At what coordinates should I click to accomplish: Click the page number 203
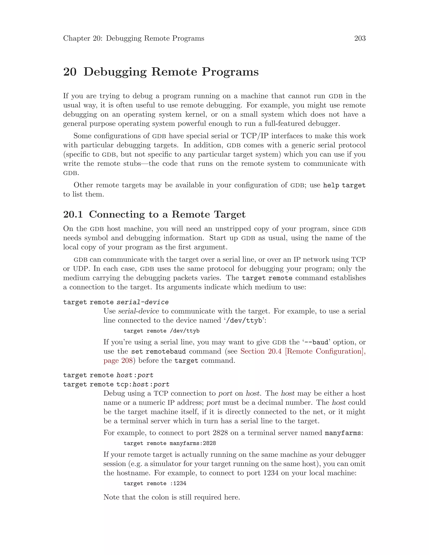(360, 38)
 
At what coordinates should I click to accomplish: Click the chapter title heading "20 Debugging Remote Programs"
(161, 72)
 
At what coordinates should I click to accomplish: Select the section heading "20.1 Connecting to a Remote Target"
(154, 214)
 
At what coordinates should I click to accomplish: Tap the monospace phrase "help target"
(344, 185)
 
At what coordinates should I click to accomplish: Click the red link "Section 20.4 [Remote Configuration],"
(303, 351)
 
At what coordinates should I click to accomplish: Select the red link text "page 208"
(118, 361)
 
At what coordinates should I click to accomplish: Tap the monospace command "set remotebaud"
(158, 351)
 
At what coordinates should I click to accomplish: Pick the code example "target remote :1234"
(155, 483)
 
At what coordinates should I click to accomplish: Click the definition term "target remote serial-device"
(116, 302)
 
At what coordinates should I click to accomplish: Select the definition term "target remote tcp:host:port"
(116, 384)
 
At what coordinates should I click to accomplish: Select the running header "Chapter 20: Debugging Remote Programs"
(133, 38)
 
